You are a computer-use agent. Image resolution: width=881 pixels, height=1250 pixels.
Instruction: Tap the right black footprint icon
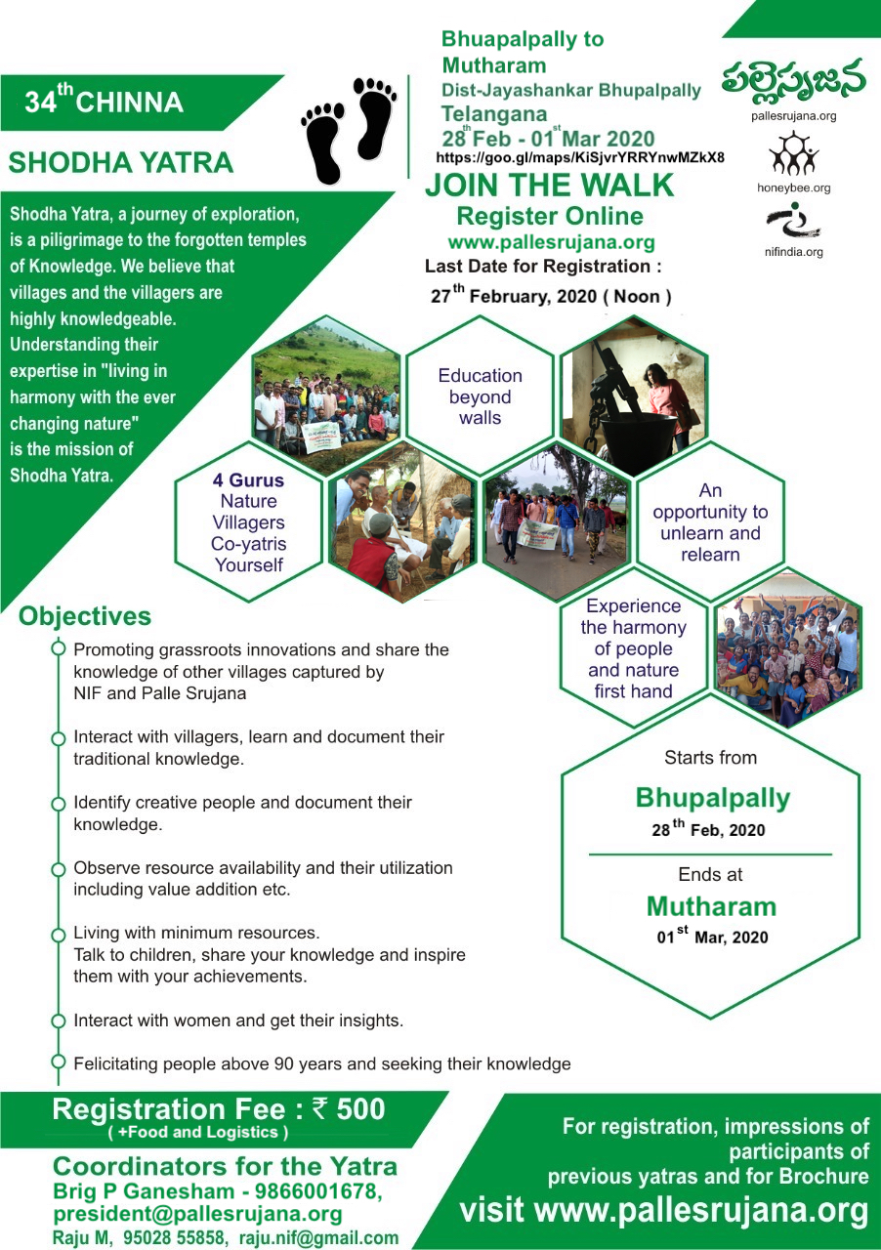374,118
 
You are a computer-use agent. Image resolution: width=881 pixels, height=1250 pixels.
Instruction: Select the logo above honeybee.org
793,153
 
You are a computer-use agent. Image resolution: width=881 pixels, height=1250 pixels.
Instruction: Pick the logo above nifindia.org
793,221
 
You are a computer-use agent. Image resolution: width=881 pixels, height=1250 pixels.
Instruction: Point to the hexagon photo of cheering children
788,647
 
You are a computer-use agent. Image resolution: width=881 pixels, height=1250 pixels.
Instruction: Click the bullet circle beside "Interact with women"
58,1021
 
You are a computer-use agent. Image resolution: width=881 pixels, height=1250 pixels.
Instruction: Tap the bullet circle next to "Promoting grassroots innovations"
58,648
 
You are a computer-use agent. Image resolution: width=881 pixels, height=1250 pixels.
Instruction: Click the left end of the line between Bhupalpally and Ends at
589,854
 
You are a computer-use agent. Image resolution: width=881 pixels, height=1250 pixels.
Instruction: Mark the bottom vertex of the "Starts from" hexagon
711,1018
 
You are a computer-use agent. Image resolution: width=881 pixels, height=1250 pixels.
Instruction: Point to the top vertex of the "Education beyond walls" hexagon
480,315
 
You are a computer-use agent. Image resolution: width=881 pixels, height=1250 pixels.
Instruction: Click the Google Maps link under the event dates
580,157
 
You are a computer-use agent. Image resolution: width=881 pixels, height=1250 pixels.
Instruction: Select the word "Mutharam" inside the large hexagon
711,906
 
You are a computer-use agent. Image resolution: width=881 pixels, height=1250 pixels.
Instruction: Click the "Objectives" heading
85,616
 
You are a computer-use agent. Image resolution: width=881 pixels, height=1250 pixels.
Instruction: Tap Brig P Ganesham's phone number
318,1191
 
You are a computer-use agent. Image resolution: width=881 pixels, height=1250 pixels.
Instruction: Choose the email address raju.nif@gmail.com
318,1238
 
